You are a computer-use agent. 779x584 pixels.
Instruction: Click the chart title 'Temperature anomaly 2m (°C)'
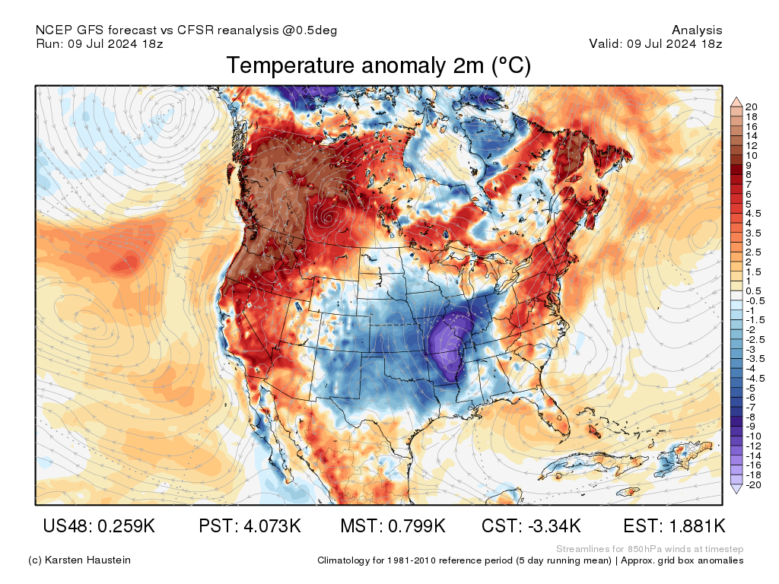378,66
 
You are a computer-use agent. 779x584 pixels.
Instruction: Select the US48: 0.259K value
98,525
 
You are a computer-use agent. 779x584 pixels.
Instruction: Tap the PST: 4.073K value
250,525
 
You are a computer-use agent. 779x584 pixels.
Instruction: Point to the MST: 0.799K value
393,525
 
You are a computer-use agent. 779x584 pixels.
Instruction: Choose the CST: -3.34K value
532,525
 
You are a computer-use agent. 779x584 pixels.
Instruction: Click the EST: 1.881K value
674,525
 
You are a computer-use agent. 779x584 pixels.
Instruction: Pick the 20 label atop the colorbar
752,106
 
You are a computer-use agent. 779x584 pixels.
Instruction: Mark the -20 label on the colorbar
753,484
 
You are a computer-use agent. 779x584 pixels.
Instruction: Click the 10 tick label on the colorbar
752,155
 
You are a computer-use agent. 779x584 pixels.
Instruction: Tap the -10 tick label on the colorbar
753,436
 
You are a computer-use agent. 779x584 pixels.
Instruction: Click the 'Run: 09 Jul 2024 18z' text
100,43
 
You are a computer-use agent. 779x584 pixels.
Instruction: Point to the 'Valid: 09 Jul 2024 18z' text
656,43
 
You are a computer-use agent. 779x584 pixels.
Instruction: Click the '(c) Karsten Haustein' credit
79,560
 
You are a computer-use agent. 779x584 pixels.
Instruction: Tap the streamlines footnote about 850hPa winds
650,549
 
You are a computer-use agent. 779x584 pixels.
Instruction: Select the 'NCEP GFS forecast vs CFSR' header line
186,30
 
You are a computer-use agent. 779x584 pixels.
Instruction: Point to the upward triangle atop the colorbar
736,101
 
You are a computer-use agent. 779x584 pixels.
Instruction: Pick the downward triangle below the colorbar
736,490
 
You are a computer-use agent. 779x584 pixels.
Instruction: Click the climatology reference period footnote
530,560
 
